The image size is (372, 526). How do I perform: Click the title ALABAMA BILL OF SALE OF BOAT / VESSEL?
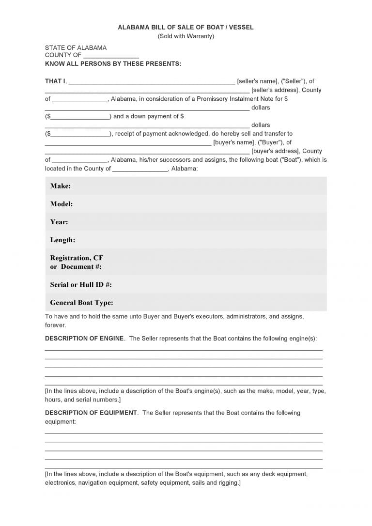click(x=186, y=28)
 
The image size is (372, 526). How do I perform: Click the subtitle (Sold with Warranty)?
click(x=186, y=36)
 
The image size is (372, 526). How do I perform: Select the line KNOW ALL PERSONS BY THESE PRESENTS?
click(x=113, y=63)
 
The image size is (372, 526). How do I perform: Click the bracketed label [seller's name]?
click(x=257, y=81)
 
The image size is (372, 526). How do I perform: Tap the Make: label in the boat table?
click(x=61, y=186)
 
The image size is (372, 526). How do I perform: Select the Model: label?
click(x=62, y=204)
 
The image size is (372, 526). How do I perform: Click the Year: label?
click(x=59, y=222)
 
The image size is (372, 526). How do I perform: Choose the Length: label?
click(x=62, y=240)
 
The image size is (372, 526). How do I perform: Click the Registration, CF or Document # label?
click(x=77, y=262)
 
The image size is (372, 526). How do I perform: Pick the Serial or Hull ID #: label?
click(x=81, y=284)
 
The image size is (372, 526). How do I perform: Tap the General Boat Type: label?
click(x=81, y=303)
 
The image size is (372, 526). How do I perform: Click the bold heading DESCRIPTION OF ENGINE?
click(x=84, y=339)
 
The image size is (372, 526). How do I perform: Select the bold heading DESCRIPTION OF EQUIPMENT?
click(x=91, y=413)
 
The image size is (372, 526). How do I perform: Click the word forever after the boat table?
click(x=55, y=325)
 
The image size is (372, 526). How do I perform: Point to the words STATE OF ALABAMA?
click(x=76, y=48)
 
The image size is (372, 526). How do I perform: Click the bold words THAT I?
click(x=55, y=81)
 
